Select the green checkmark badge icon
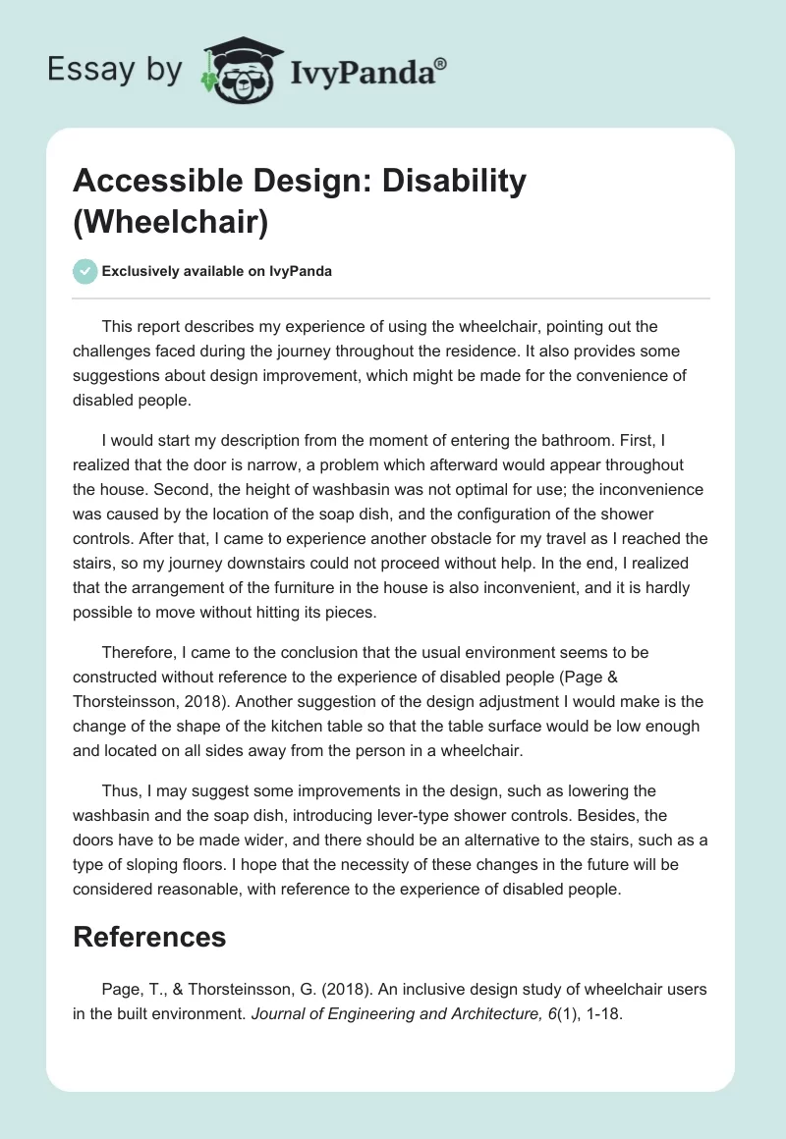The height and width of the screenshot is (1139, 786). (85, 271)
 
